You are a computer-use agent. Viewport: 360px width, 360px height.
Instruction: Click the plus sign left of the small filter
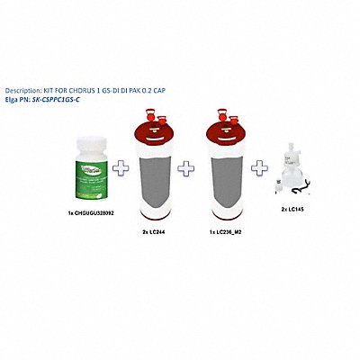pos(260,167)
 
